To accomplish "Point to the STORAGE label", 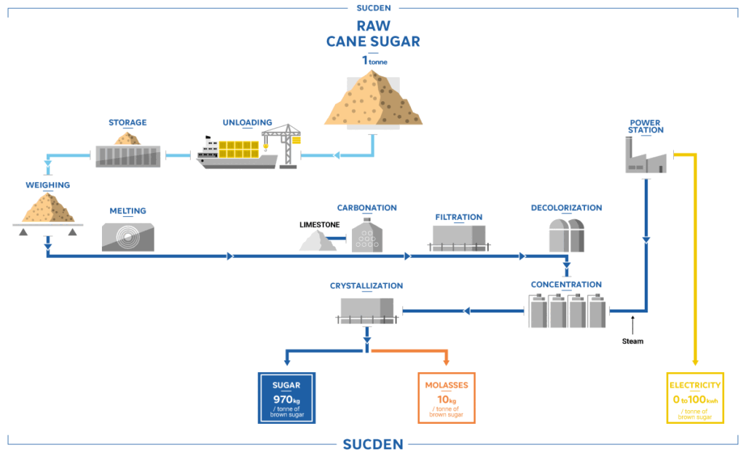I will pyautogui.click(x=127, y=122).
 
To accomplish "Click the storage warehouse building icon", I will pyautogui.click(x=128, y=155).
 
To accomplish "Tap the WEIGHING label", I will pyautogui.click(x=47, y=185).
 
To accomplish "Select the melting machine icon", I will pyautogui.click(x=128, y=235).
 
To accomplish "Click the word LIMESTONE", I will pyautogui.click(x=319, y=224).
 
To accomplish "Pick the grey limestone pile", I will pyautogui.click(x=318, y=242).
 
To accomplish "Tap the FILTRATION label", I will pyautogui.click(x=459, y=217).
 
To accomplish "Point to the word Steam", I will pyautogui.click(x=632, y=341).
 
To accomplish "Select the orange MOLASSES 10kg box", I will pyautogui.click(x=446, y=398).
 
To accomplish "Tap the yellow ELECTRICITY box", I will pyautogui.click(x=695, y=398).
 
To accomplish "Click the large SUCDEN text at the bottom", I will pyautogui.click(x=372, y=444).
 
